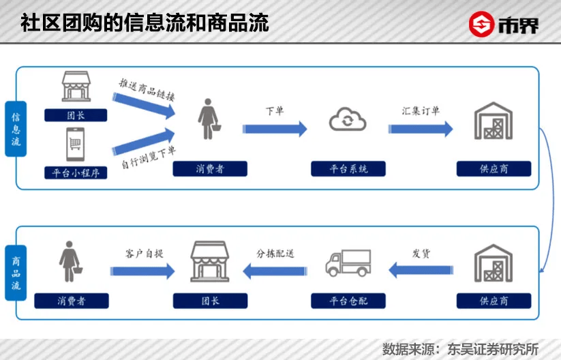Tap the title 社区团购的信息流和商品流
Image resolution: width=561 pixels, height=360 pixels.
[x=145, y=23]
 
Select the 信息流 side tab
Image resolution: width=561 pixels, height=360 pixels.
[x=16, y=129]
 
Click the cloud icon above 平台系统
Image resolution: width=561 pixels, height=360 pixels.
[x=348, y=121]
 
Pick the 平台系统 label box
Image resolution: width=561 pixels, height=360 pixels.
[x=348, y=168]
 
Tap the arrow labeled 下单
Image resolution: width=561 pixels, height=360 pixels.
[x=275, y=127]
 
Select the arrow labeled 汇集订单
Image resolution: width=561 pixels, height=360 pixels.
[x=421, y=127]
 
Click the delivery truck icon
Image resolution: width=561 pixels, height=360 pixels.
[x=348, y=263]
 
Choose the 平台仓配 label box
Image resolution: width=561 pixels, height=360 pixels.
[x=348, y=300]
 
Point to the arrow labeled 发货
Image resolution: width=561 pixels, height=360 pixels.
[x=421, y=271]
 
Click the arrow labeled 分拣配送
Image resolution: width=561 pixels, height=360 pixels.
[x=275, y=271]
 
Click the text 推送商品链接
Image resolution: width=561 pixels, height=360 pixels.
[x=147, y=89]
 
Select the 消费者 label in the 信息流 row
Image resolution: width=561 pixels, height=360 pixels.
[x=209, y=168]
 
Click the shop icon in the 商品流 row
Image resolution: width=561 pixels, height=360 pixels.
[x=209, y=262]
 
